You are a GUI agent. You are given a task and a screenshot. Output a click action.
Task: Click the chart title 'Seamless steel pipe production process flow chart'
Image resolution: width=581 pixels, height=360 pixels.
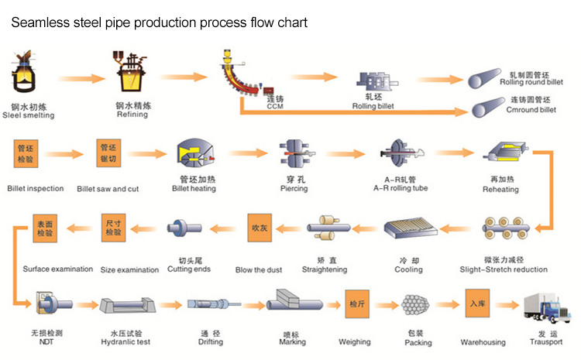pyautogui.click(x=158, y=22)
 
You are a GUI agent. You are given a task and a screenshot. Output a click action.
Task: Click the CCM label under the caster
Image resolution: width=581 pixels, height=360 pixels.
pyautogui.click(x=275, y=107)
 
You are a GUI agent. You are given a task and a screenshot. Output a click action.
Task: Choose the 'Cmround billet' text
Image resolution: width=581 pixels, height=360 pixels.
pyautogui.click(x=531, y=110)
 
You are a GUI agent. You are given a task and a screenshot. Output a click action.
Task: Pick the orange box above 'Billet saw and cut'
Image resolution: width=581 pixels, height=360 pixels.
pyautogui.click(x=108, y=154)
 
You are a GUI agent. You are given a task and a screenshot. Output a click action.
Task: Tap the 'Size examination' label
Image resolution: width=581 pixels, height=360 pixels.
pyautogui.click(x=129, y=269)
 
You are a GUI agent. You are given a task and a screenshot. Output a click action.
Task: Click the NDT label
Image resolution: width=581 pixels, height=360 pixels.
pyautogui.click(x=48, y=341)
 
